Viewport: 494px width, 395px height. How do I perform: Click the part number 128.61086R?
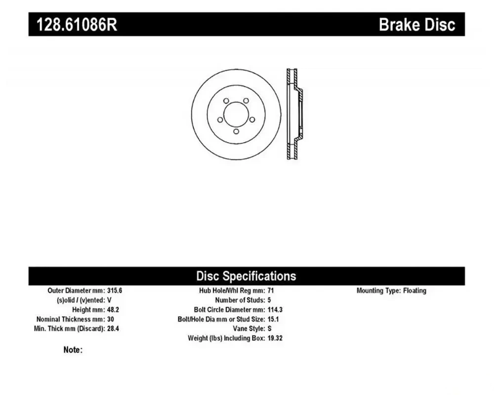[x=77, y=24]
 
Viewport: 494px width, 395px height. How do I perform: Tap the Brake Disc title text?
[x=417, y=24]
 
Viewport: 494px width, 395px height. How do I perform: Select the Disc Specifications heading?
[x=246, y=276]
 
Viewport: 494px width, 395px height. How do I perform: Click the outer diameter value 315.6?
[x=115, y=290]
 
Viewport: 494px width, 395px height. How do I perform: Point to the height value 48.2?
[x=113, y=310]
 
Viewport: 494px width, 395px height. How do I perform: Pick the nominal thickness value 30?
[x=111, y=319]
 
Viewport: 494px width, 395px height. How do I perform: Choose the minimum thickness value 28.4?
[x=113, y=328]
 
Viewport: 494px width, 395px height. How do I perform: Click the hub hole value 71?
[x=271, y=290]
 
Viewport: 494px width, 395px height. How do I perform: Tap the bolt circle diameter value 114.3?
[x=275, y=310]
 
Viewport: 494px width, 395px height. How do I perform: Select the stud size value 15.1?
[x=273, y=319]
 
